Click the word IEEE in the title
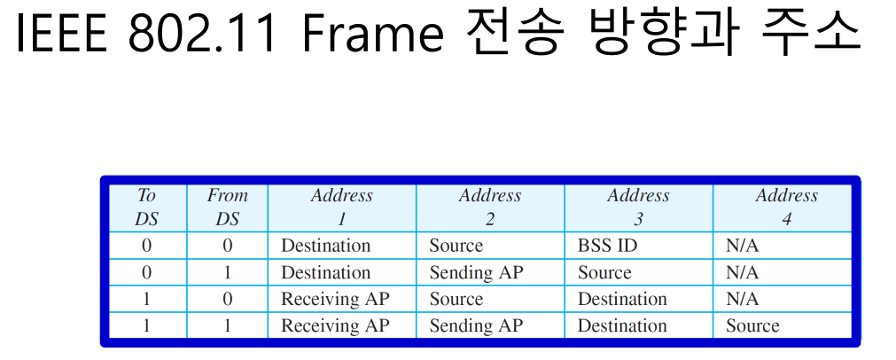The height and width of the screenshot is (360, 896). click(61, 33)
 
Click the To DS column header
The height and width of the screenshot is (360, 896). click(146, 207)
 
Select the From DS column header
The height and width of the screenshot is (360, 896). click(227, 207)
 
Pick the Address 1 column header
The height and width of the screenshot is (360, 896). click(342, 207)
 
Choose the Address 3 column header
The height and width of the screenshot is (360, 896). click(638, 207)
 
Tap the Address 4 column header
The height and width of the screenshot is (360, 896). click(787, 207)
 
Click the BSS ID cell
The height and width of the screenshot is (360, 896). click(607, 246)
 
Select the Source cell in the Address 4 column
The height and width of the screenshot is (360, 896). click(752, 325)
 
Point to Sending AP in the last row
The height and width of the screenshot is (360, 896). click(476, 325)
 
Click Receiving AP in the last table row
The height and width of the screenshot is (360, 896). click(335, 325)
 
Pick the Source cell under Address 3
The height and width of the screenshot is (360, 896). click(604, 272)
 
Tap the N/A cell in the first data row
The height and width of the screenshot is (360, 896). click(743, 246)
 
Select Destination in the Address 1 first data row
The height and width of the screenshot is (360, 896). click(326, 246)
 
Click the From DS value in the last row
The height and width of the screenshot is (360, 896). click(228, 325)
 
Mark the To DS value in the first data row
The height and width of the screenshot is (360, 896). click(147, 246)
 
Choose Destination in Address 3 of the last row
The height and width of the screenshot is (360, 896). click(622, 325)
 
